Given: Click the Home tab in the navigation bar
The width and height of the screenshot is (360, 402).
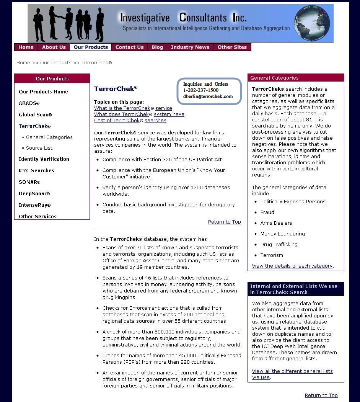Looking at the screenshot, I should pyautogui.click(x=26, y=47).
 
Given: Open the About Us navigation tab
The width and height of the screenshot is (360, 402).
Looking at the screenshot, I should pyautogui.click(x=54, y=47).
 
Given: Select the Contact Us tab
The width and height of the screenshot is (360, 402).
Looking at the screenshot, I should pyautogui.click(x=129, y=47).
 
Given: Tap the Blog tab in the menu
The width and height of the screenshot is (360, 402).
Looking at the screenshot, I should pyautogui.click(x=157, y=47).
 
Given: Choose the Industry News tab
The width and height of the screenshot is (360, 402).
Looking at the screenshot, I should pyautogui.click(x=190, y=47).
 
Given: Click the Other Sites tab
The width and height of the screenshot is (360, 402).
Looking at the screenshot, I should pyautogui.click(x=232, y=47).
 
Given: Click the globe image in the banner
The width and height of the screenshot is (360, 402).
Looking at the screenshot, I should pyautogui.click(x=312, y=23).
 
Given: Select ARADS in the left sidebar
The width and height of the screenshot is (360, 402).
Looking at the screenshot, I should pyautogui.click(x=29, y=103).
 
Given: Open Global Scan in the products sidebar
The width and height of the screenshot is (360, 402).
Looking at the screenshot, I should pyautogui.click(x=35, y=115).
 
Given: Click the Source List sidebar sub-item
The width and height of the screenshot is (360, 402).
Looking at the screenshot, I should pyautogui.click(x=39, y=148).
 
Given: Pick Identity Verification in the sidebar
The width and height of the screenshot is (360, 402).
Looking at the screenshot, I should pyautogui.click(x=44, y=159).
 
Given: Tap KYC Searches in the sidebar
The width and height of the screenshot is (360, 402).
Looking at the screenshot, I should pyautogui.click(x=36, y=171).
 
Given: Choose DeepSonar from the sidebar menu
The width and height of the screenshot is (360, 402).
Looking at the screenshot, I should pyautogui.click(x=34, y=194).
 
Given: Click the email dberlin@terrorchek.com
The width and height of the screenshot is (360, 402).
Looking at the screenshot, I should pyautogui.click(x=208, y=96).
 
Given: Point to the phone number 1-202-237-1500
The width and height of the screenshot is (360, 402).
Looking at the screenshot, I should pyautogui.click(x=201, y=90).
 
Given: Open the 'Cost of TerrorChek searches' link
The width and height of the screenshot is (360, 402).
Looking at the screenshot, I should pyautogui.click(x=130, y=121).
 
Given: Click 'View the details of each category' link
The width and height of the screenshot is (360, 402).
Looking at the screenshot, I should pyautogui.click(x=292, y=266).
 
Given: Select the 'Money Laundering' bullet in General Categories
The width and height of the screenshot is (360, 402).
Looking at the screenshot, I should pyautogui.click(x=282, y=234).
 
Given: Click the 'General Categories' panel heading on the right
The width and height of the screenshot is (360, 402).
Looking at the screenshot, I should pyautogui.click(x=274, y=78).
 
